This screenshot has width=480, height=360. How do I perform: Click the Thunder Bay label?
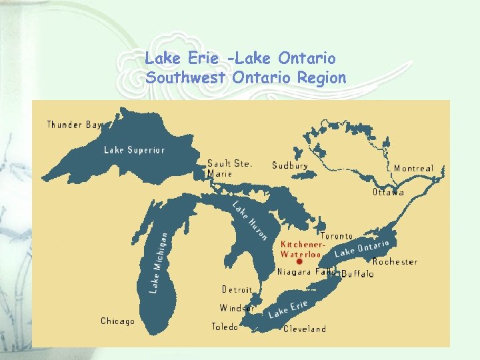pos(74,125)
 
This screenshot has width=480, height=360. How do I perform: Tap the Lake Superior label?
pos(134,150)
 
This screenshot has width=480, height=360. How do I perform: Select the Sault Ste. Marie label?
pos(229,168)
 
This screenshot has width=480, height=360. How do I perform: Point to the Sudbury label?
pos(290,165)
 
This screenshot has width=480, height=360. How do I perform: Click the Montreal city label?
pos(413,169)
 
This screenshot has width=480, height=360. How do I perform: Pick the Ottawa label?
pos(388,193)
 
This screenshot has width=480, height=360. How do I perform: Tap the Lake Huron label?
pos(250,220)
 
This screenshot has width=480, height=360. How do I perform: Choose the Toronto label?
pos(337,237)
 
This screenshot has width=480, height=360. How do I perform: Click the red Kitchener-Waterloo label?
pos(302,249)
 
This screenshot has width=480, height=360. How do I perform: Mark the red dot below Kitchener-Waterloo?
pos(299,262)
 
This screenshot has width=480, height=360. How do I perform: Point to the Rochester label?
pos(395,262)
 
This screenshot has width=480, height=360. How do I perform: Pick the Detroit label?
pos(237,290)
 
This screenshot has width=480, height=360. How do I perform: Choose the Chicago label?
pos(117,321)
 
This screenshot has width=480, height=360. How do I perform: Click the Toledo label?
pos(225,327)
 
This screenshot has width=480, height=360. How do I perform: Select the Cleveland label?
pos(305,329)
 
